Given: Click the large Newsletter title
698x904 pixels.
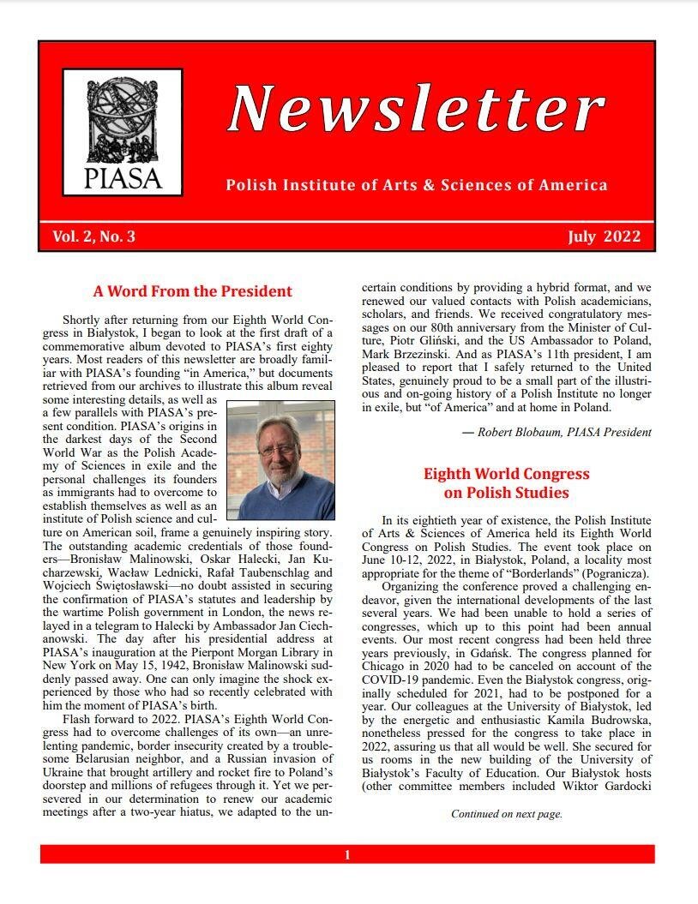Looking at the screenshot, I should [417, 109].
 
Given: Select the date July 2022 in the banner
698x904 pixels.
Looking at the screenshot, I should [604, 237].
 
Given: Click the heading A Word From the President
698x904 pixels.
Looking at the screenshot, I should [193, 290].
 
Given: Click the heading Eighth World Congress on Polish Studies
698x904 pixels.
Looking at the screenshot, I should [506, 483].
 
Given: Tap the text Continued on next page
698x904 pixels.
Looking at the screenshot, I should [506, 814].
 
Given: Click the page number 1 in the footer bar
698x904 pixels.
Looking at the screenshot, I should [347, 854].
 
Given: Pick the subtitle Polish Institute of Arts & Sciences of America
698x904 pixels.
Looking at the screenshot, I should [417, 185].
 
